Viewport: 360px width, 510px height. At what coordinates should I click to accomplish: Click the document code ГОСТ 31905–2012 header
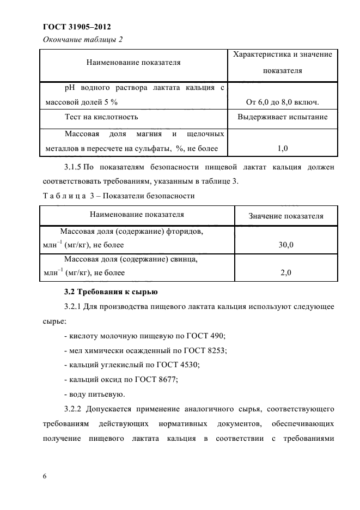tap(80, 26)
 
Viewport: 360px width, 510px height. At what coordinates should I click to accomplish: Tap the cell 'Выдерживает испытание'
tap(283, 117)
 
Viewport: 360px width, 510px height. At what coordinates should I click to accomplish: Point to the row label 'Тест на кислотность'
tap(101, 117)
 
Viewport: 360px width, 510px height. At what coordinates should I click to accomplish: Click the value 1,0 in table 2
tap(283, 148)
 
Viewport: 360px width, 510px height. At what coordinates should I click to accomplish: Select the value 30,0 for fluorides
tap(286, 245)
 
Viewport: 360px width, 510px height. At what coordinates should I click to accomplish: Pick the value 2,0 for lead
tap(286, 272)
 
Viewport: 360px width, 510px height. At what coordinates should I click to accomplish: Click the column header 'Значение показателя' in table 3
tap(286, 216)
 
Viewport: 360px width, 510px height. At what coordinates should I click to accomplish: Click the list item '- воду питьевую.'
tap(94, 393)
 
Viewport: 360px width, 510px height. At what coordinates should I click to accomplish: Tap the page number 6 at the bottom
tap(44, 477)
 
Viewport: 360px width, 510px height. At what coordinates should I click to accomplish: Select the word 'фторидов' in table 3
tap(188, 232)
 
